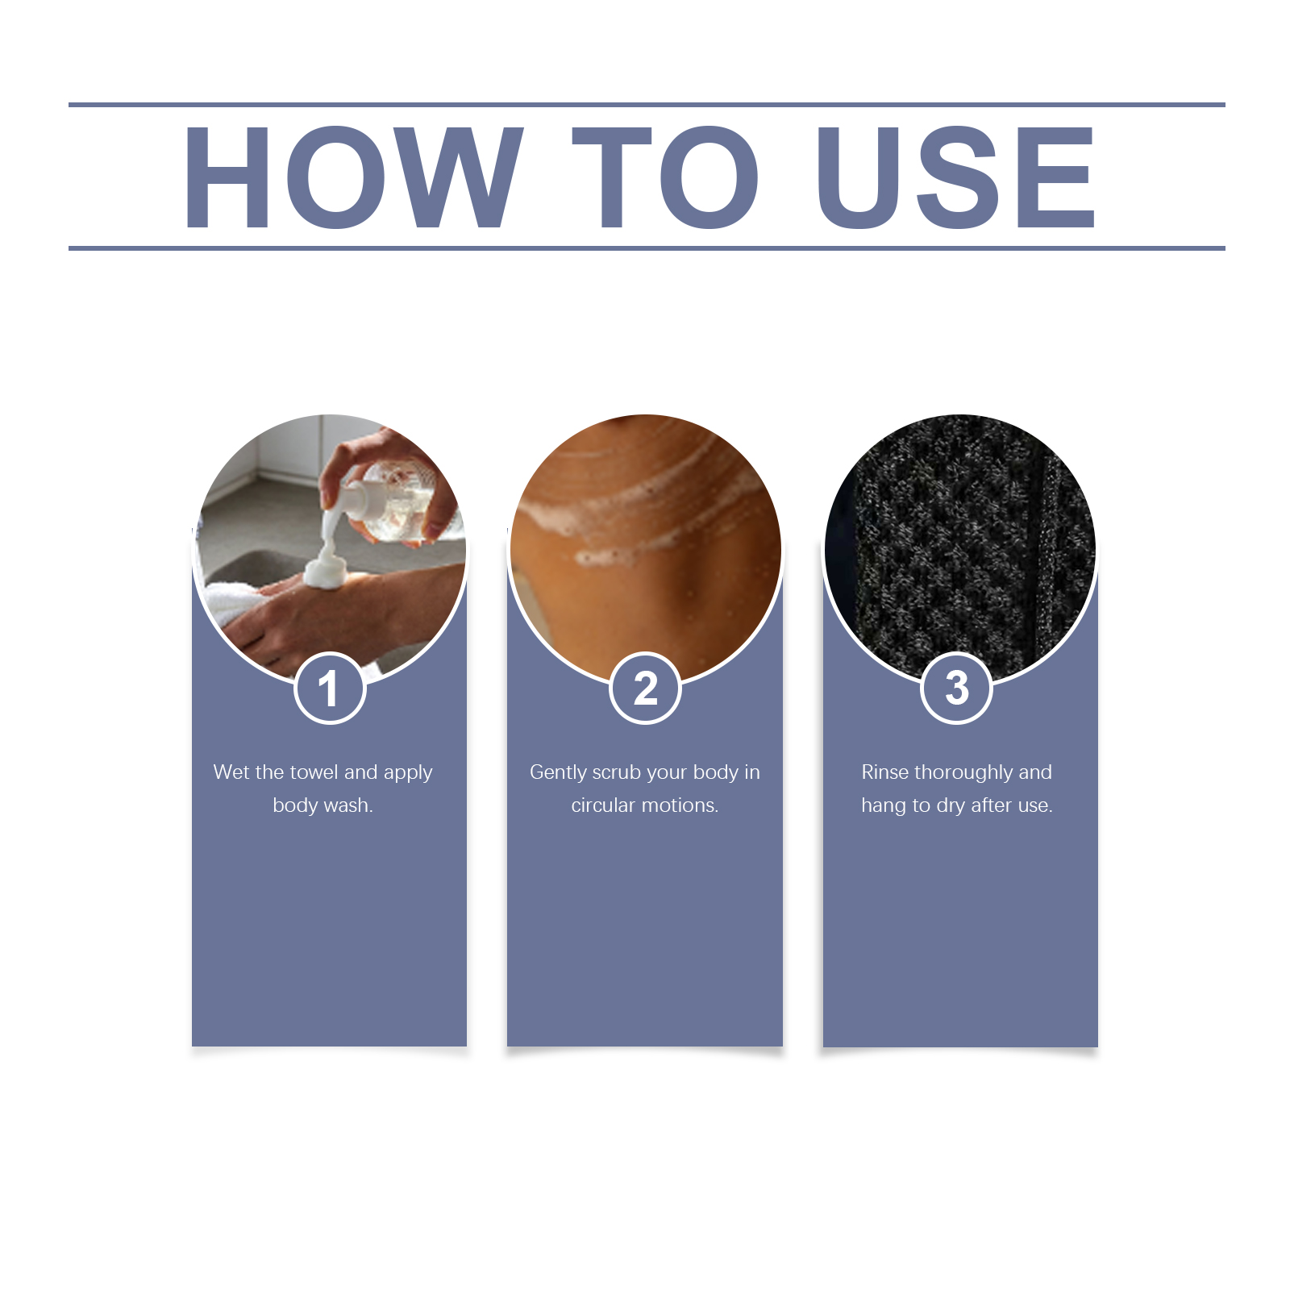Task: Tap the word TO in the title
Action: [665, 177]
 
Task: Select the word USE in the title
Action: [956, 177]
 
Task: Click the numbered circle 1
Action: [330, 688]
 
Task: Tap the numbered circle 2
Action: [645, 688]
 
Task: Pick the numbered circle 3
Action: [956, 688]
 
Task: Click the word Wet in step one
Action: [231, 772]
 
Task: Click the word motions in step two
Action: [680, 805]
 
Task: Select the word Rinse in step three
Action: [885, 772]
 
